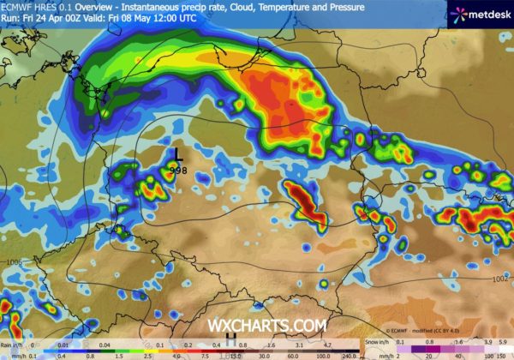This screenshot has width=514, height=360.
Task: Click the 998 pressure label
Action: [x=179, y=171]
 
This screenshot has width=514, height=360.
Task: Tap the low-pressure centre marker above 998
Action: [x=177, y=155]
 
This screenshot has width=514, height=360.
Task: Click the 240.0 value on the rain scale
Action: [x=347, y=353]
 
